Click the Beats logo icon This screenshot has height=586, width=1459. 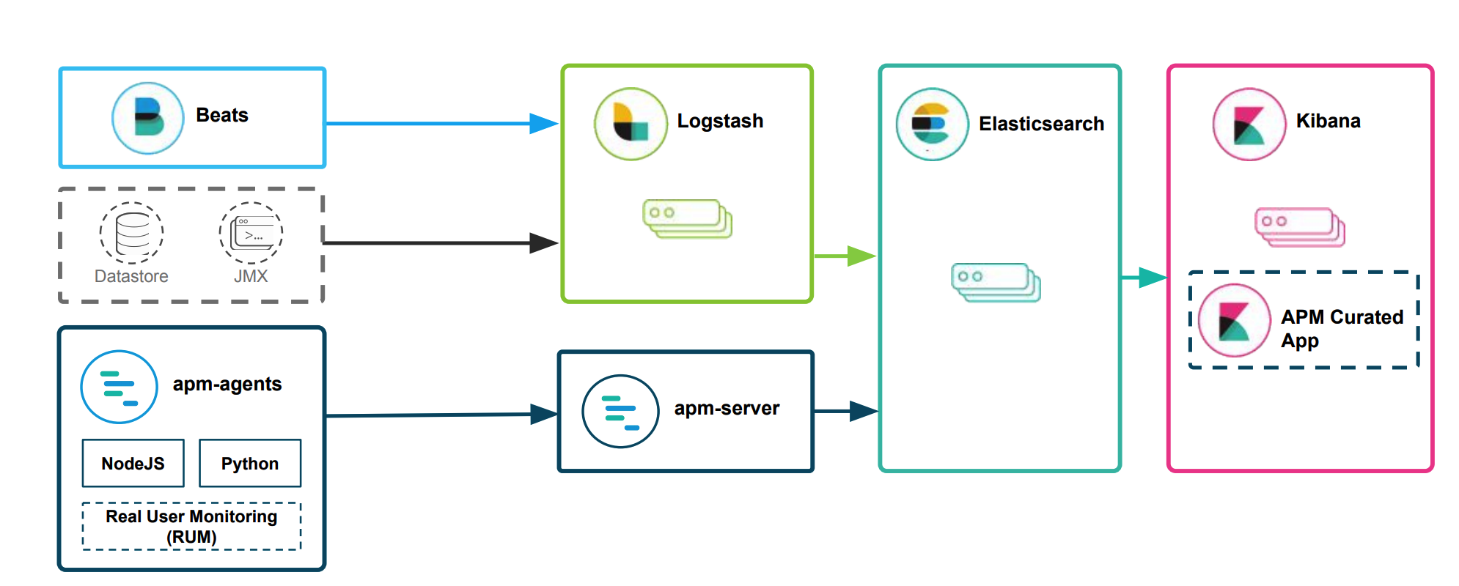[x=148, y=118]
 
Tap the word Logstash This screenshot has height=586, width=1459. [x=720, y=121]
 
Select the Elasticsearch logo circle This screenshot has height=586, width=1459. [x=932, y=125]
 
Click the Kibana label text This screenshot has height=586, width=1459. [x=1328, y=121]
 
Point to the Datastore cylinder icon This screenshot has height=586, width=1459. [x=132, y=233]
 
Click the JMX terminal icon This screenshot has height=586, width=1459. [x=251, y=233]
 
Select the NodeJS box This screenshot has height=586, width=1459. [x=133, y=464]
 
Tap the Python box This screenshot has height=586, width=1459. [x=250, y=464]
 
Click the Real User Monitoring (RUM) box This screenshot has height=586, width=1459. [x=191, y=526]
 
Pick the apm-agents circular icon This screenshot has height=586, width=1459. [x=119, y=387]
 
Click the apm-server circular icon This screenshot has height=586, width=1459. [x=620, y=412]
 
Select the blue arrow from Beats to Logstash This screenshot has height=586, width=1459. [x=440, y=124]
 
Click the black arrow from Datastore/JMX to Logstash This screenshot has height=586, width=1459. [x=440, y=242]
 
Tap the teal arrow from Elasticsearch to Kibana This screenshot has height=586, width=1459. [x=1144, y=278]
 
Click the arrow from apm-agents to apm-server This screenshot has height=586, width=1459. [x=440, y=415]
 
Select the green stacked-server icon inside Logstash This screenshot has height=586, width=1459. [x=688, y=218]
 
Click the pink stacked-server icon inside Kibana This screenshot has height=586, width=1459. [x=1300, y=227]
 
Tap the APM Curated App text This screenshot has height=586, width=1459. [x=1341, y=328]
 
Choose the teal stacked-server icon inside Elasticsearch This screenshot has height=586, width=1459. [x=996, y=282]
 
